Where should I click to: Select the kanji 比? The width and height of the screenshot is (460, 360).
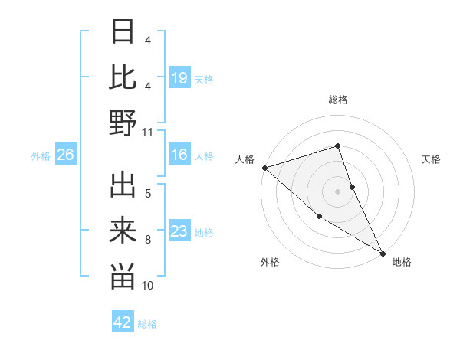point(123,77)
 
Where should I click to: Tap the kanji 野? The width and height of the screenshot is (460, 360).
point(123,123)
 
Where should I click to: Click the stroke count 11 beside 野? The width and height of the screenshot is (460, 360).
point(148,132)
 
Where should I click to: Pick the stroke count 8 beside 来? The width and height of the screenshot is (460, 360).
point(148,240)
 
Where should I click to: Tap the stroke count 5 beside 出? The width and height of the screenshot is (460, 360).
point(148,193)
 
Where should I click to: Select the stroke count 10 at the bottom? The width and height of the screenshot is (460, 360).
point(148,286)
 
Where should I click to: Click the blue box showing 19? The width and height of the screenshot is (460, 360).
point(179,78)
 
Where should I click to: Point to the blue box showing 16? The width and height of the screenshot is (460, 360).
point(179,155)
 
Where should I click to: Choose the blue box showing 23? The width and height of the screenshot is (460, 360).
point(179,232)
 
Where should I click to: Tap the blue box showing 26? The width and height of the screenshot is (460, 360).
point(66,155)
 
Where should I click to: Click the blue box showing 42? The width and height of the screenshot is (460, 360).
point(123,322)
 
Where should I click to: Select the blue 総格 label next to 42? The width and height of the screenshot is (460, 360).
point(147,323)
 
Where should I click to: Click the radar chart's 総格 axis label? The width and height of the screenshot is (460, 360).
point(338,100)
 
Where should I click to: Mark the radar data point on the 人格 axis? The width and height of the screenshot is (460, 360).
point(264,168)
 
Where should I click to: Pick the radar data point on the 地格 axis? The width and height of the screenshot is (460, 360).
point(383,253)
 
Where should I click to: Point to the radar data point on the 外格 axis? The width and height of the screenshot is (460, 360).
point(320,216)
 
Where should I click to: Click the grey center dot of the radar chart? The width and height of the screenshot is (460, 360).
point(338,191)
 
